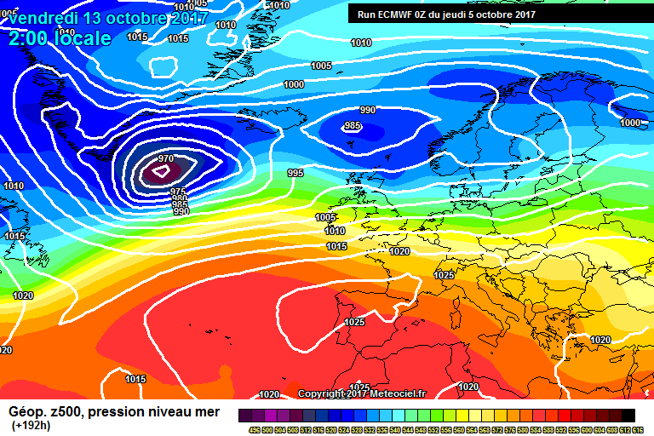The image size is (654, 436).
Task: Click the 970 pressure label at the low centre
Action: coord(166,158)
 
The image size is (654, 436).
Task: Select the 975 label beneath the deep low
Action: coord(178,192)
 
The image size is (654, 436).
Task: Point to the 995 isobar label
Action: coord(295,173)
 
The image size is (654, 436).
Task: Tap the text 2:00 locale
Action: coord(60,38)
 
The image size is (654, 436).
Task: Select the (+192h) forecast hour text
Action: coord(31,425)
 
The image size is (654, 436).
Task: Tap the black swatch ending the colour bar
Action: coord(628,416)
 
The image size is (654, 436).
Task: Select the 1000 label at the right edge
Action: coord(629,123)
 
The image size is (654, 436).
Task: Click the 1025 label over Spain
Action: coord(354,322)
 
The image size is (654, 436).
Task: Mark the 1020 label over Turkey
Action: coord(599,339)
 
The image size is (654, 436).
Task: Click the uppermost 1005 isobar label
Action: coord(321,66)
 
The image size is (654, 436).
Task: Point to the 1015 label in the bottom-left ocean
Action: coord(135,379)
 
